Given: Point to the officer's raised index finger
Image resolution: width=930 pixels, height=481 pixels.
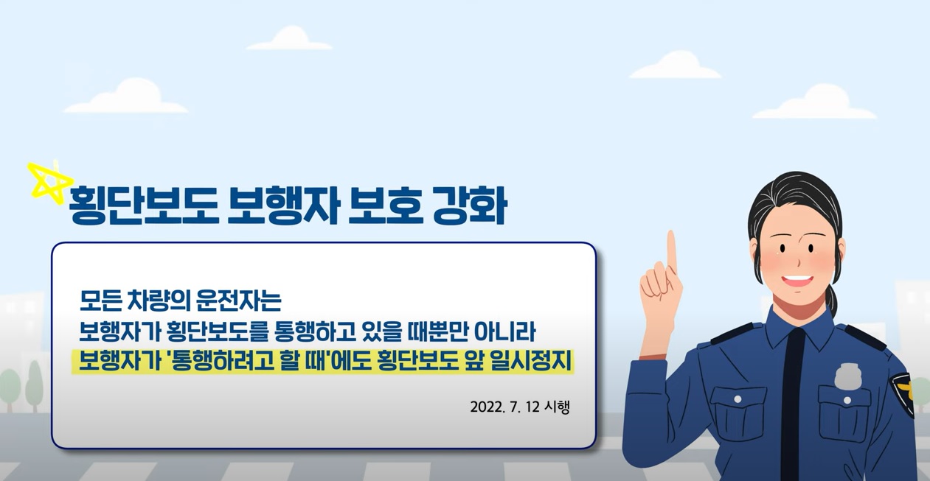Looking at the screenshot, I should (x=671, y=254).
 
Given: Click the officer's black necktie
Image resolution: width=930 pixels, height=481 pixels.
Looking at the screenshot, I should (x=791, y=398).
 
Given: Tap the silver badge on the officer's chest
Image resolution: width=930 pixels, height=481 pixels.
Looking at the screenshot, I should (x=848, y=376).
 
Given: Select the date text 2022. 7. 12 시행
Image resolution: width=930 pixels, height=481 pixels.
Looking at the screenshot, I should (x=519, y=407).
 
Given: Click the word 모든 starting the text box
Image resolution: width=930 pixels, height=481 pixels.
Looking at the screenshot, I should (x=101, y=301).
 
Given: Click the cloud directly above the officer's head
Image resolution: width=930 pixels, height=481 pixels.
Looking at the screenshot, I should (x=814, y=104).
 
